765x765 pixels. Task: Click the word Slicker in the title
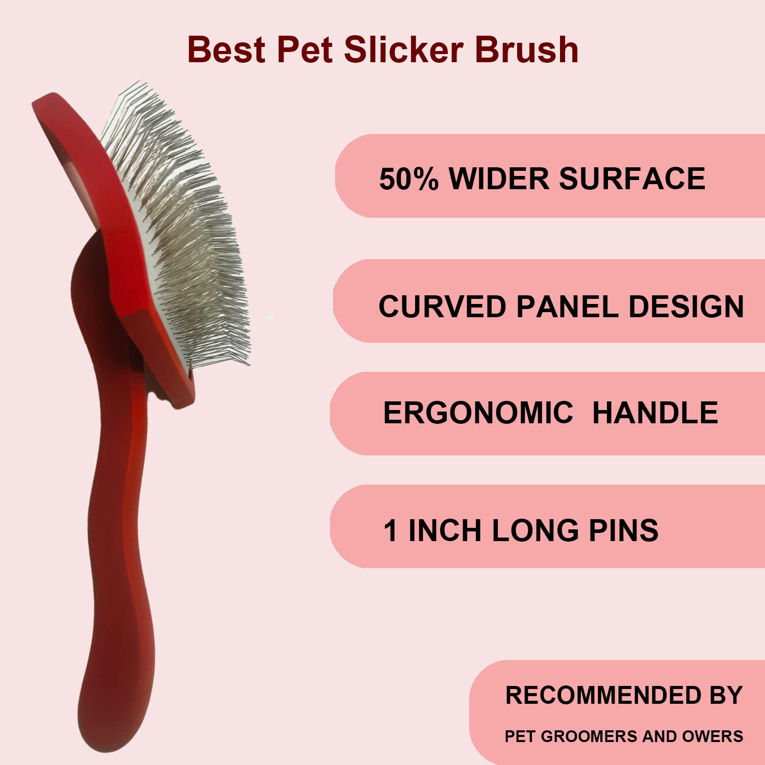pos(403,50)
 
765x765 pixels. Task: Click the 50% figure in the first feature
pos(409,179)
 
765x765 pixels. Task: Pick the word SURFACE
pos(632,179)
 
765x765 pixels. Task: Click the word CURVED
pos(442,307)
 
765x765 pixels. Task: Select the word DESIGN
pos(686,307)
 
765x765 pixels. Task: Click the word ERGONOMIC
pos(478,413)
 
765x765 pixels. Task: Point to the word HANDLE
pos(655,413)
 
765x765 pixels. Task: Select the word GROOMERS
pos(589,736)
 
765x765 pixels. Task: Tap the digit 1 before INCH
pos(390,530)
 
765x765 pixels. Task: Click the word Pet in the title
pos(305,50)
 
